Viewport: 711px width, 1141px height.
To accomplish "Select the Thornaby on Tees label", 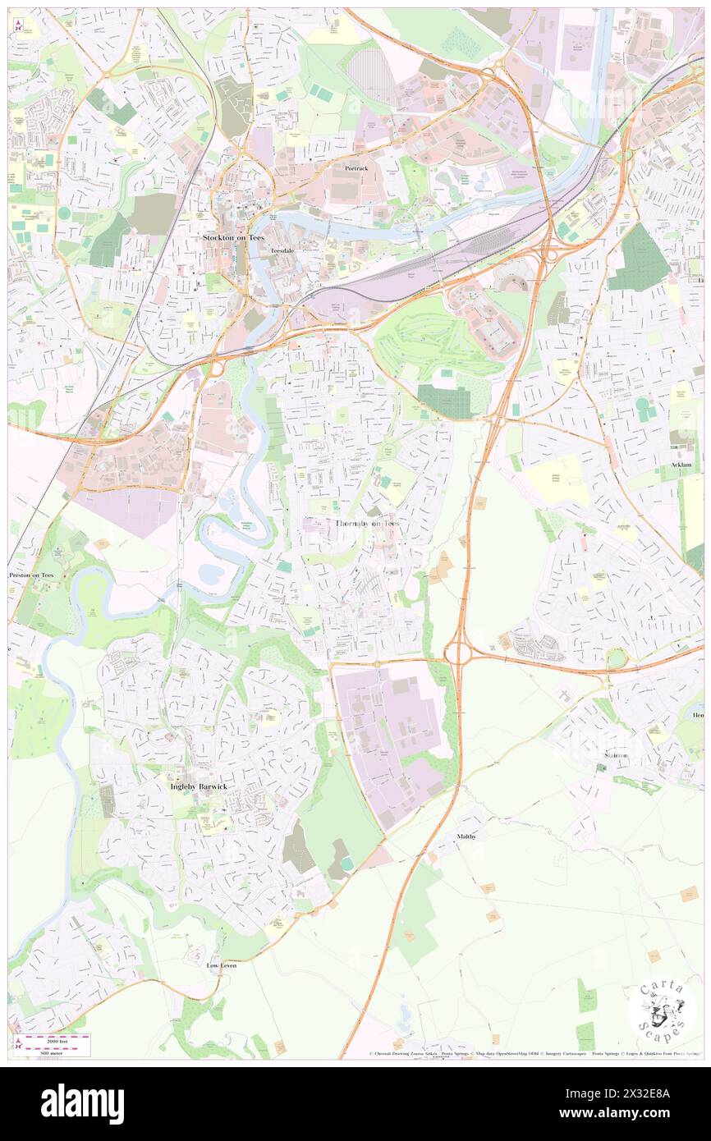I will coord(367,523).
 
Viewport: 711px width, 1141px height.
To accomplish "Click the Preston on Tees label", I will coord(31,575).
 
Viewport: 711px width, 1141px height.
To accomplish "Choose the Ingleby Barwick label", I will coord(198,786).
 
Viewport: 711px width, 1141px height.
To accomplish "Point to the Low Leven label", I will coord(222,965).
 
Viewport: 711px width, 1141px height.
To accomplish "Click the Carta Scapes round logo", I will coord(661,1010).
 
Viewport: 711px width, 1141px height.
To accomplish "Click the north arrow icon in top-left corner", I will coord(17,24).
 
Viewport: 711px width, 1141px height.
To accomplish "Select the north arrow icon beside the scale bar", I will coord(18,1044).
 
